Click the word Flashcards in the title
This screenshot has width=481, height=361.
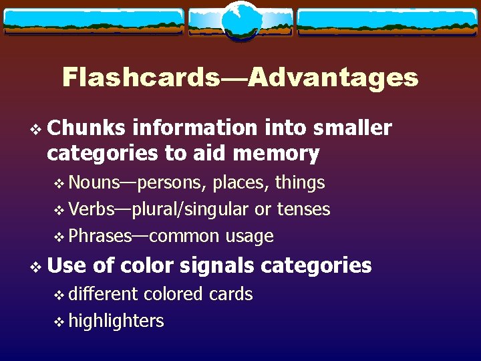click(x=140, y=78)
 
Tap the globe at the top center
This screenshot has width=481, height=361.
click(x=241, y=21)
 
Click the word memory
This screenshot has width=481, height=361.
click(x=276, y=154)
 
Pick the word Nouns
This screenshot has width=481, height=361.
click(x=94, y=182)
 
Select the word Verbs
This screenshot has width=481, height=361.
click(x=92, y=209)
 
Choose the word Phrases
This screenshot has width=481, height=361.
click(x=101, y=236)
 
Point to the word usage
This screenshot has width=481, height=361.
click(x=249, y=236)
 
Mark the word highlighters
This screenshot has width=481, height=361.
click(x=116, y=321)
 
